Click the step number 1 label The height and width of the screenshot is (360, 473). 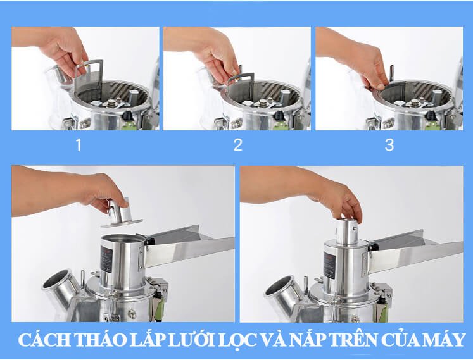click(x=79, y=145)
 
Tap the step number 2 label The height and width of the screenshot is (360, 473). click(x=237, y=145)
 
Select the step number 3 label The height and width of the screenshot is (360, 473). click(x=389, y=145)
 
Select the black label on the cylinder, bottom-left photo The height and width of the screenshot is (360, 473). click(x=106, y=259)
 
